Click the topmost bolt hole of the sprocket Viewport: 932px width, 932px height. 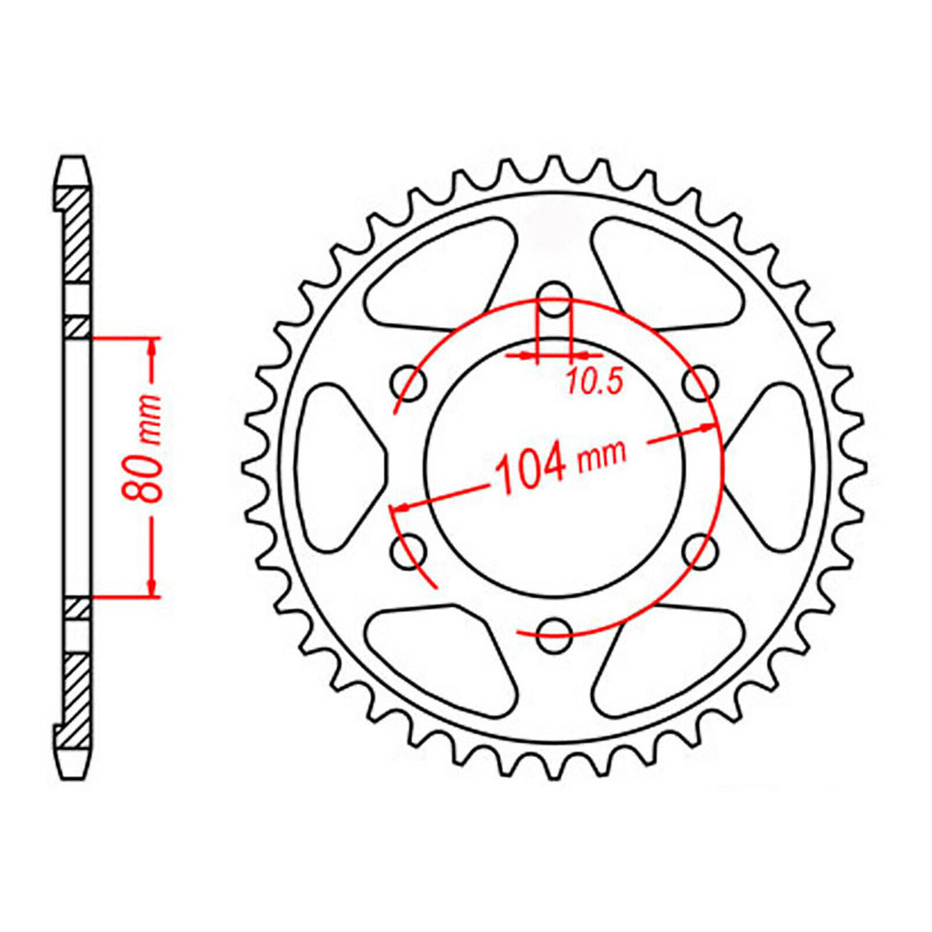554,309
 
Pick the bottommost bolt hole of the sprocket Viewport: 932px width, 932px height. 554,627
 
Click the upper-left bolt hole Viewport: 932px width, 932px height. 408,382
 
